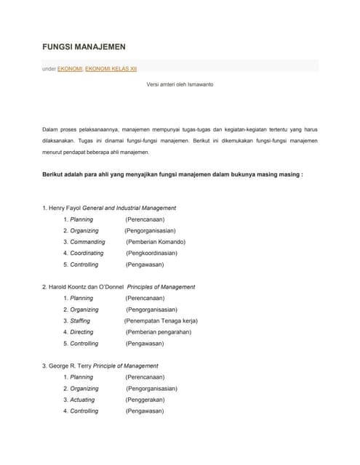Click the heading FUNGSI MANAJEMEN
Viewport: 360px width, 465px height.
point(84,46)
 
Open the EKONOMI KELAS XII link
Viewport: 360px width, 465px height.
point(111,68)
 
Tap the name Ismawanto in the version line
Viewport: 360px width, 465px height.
point(198,84)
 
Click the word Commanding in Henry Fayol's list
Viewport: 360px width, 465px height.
point(87,242)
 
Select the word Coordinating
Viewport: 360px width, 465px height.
point(87,254)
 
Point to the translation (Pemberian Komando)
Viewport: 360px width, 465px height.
point(155,242)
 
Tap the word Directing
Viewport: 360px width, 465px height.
point(81,332)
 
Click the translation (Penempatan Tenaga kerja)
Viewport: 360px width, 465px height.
point(161,320)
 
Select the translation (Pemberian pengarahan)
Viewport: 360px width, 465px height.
point(158,332)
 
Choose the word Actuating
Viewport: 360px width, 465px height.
point(82,400)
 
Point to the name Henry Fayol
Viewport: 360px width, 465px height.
point(64,208)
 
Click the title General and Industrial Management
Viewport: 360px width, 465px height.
point(129,208)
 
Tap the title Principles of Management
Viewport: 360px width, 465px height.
point(156,287)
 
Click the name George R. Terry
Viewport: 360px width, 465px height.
point(71,366)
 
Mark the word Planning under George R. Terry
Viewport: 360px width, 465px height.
point(81,377)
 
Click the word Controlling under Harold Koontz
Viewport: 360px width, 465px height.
point(84,344)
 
